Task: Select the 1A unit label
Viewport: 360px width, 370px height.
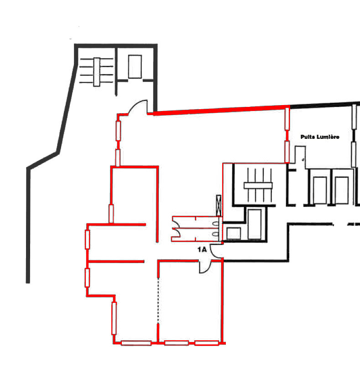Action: point(202,249)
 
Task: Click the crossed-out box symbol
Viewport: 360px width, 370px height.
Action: point(219,206)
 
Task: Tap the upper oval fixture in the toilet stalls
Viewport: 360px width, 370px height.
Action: point(215,223)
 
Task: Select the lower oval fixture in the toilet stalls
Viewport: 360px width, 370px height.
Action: point(215,234)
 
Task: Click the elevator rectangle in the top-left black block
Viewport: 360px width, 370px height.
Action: point(135,67)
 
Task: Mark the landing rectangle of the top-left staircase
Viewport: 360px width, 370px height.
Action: point(97,72)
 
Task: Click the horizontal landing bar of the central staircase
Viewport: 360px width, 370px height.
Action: point(258,185)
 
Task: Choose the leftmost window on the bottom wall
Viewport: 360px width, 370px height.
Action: point(136,343)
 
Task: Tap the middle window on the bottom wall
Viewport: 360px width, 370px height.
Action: point(176,343)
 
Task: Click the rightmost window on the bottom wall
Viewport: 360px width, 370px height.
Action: point(207,343)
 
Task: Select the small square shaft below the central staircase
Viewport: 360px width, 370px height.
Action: point(234,233)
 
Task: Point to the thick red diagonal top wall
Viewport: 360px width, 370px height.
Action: point(221,110)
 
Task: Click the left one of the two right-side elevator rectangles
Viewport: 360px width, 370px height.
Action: point(320,190)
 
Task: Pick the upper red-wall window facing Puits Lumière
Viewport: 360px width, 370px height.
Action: point(287,118)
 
